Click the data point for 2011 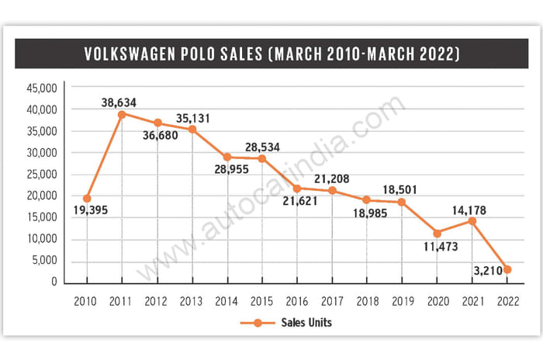(x=122, y=114)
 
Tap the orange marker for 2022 (x=507, y=269)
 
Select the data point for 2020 (x=438, y=233)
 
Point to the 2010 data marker (x=87, y=198)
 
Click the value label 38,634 (x=122, y=101)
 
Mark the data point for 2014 (x=227, y=157)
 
